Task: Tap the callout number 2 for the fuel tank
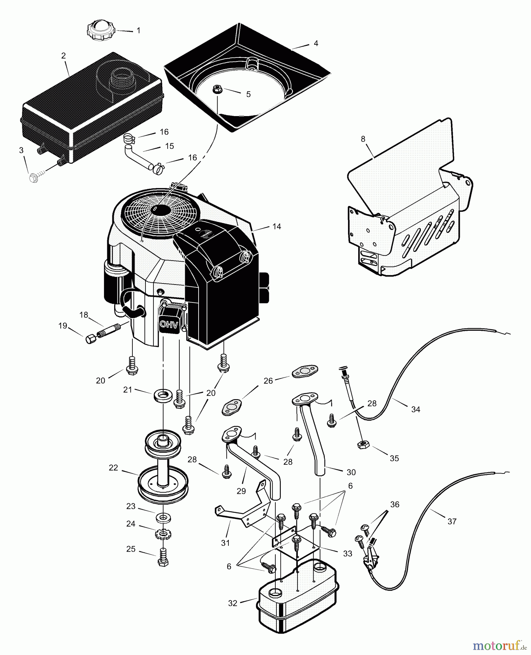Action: [x=64, y=56]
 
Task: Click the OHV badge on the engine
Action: [x=169, y=325]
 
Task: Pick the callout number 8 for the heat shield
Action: [x=363, y=139]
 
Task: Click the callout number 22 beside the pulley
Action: [x=113, y=468]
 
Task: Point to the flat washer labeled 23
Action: [x=163, y=517]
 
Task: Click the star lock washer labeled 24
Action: [x=163, y=535]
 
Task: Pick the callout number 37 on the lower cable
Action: [x=452, y=521]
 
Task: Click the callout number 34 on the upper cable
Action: [x=416, y=409]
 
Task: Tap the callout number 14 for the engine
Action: [x=277, y=226]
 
